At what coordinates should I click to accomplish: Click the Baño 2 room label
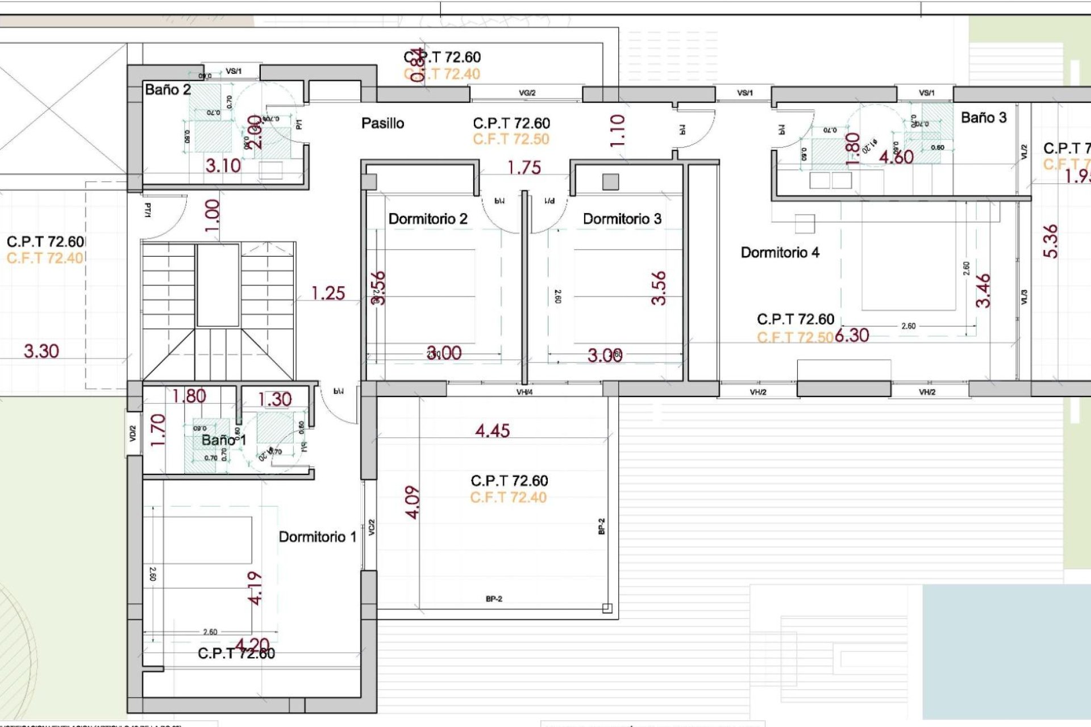[168, 90]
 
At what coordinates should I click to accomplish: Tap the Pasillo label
[382, 123]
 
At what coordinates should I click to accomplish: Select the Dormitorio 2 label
[427, 219]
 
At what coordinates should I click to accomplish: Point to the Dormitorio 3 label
[622, 219]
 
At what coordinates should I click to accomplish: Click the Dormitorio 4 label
[780, 253]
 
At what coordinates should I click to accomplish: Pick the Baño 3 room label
[983, 118]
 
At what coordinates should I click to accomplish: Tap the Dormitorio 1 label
[317, 537]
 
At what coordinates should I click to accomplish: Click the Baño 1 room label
[223, 440]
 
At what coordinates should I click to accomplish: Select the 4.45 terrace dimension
[492, 431]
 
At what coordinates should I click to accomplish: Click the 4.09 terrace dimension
[413, 502]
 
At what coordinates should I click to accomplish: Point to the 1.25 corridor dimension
[328, 294]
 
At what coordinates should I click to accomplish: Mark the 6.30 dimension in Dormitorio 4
[852, 336]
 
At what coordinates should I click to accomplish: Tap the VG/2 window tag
[527, 93]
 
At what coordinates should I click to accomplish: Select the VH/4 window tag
[524, 392]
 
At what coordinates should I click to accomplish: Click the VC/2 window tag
[371, 527]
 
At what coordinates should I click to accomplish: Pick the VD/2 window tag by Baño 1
[133, 434]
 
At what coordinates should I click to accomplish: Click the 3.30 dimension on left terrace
[41, 352]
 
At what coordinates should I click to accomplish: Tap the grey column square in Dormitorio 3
[610, 182]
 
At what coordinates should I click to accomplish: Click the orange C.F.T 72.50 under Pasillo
[511, 140]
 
